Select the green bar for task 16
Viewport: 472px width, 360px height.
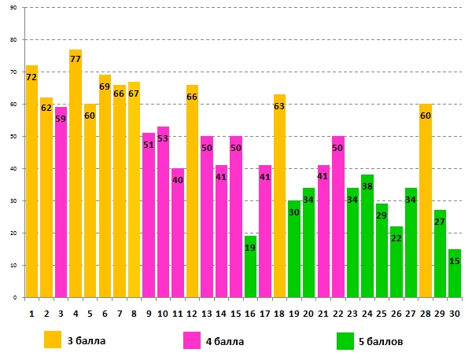point(250,267)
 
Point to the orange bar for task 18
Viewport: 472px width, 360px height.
point(279,196)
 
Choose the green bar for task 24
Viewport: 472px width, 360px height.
point(367,236)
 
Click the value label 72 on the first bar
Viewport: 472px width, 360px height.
point(31,77)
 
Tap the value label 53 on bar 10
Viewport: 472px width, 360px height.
point(163,138)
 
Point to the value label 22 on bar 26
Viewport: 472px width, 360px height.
point(396,238)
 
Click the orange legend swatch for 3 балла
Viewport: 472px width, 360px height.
point(52,340)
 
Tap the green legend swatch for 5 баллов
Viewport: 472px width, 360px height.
point(345,340)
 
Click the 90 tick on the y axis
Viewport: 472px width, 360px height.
point(15,7)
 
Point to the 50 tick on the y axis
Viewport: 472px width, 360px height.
point(15,136)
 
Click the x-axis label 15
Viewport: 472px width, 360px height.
point(235,314)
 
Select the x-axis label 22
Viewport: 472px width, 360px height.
point(337,314)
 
